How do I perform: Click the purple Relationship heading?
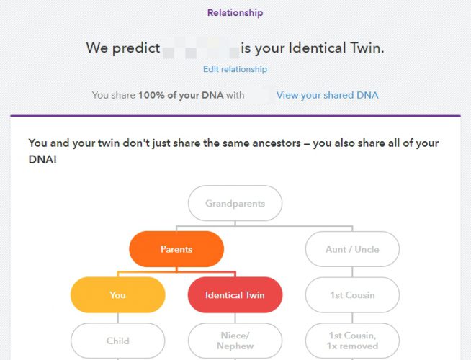coord(235,13)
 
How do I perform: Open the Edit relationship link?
coord(235,69)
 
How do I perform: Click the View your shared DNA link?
coord(327,95)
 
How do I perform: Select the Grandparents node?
coord(235,203)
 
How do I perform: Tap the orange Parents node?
coord(176,249)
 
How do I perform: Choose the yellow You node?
coord(118,295)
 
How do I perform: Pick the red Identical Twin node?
coord(235,295)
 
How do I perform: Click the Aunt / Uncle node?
coord(352,249)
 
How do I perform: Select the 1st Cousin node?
coord(352,295)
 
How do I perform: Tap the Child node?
coord(118,341)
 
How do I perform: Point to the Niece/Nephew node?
coord(235,341)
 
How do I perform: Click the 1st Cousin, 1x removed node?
coord(352,341)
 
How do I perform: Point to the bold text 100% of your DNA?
coord(181,95)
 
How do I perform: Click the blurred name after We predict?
coord(200,48)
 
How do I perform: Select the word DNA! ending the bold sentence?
coord(42,159)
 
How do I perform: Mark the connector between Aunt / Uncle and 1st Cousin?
coord(352,272)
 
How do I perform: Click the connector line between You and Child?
coord(118,318)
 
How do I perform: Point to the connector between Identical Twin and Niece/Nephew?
coord(235,318)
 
